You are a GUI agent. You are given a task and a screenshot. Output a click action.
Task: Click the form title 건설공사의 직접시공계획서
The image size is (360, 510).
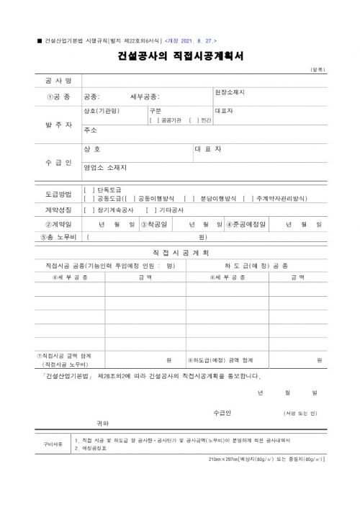(180, 55)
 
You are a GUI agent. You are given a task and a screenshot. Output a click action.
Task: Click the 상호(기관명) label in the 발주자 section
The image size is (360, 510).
(102, 111)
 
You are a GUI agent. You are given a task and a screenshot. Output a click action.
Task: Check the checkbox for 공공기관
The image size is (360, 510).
(154, 120)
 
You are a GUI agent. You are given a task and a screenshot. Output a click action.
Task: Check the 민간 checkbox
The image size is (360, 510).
(192, 120)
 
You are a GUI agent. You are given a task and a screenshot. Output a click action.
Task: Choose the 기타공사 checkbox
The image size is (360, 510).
(151, 210)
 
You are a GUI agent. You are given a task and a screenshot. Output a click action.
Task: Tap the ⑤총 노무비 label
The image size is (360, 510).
(58, 236)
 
